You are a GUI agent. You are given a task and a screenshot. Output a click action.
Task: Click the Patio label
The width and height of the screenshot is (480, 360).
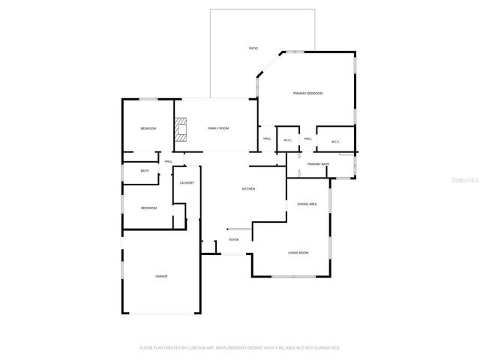253,48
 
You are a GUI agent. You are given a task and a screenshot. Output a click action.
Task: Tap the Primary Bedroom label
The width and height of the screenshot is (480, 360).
307,93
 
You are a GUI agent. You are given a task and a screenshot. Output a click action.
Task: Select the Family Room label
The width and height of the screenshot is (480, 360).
218,128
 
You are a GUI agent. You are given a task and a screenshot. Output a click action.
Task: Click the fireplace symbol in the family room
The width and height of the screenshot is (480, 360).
181,129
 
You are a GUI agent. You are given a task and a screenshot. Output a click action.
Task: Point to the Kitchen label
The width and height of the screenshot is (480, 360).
248,189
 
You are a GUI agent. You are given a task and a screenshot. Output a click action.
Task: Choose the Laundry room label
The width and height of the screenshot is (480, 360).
187,183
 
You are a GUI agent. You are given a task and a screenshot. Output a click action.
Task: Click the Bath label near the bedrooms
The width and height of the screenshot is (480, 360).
145,171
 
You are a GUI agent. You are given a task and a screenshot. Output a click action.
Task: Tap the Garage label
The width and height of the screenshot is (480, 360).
161,277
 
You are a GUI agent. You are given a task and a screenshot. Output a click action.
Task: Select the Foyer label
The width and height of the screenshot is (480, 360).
234,240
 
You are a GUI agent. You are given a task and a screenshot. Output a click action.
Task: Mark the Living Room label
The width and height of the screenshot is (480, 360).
298,253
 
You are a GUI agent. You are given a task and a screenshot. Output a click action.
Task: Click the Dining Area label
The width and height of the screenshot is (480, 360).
307,204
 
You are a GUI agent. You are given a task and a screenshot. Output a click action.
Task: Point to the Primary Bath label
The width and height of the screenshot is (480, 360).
318,164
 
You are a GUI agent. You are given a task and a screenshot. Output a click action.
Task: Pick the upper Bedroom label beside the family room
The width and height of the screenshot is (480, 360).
148,129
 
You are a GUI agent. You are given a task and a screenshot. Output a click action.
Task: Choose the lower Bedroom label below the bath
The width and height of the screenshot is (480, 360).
148,208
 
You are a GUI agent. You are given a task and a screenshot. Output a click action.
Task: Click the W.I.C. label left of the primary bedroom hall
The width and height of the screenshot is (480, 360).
288,141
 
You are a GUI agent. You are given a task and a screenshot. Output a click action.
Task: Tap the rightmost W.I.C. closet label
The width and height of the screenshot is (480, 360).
336,141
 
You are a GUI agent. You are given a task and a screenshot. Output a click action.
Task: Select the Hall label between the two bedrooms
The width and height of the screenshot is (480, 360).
169,161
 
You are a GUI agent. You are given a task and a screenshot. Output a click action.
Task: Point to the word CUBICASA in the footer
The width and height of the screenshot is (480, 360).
199,348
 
